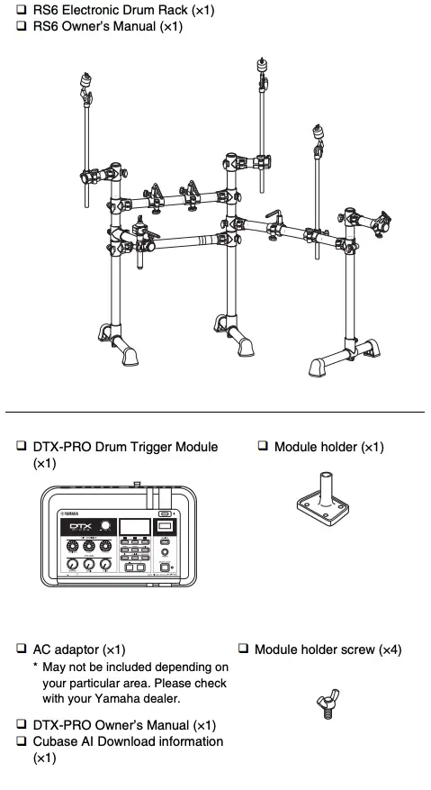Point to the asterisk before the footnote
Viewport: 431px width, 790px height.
(x=35, y=667)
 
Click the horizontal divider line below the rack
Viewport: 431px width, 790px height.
(x=215, y=412)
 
